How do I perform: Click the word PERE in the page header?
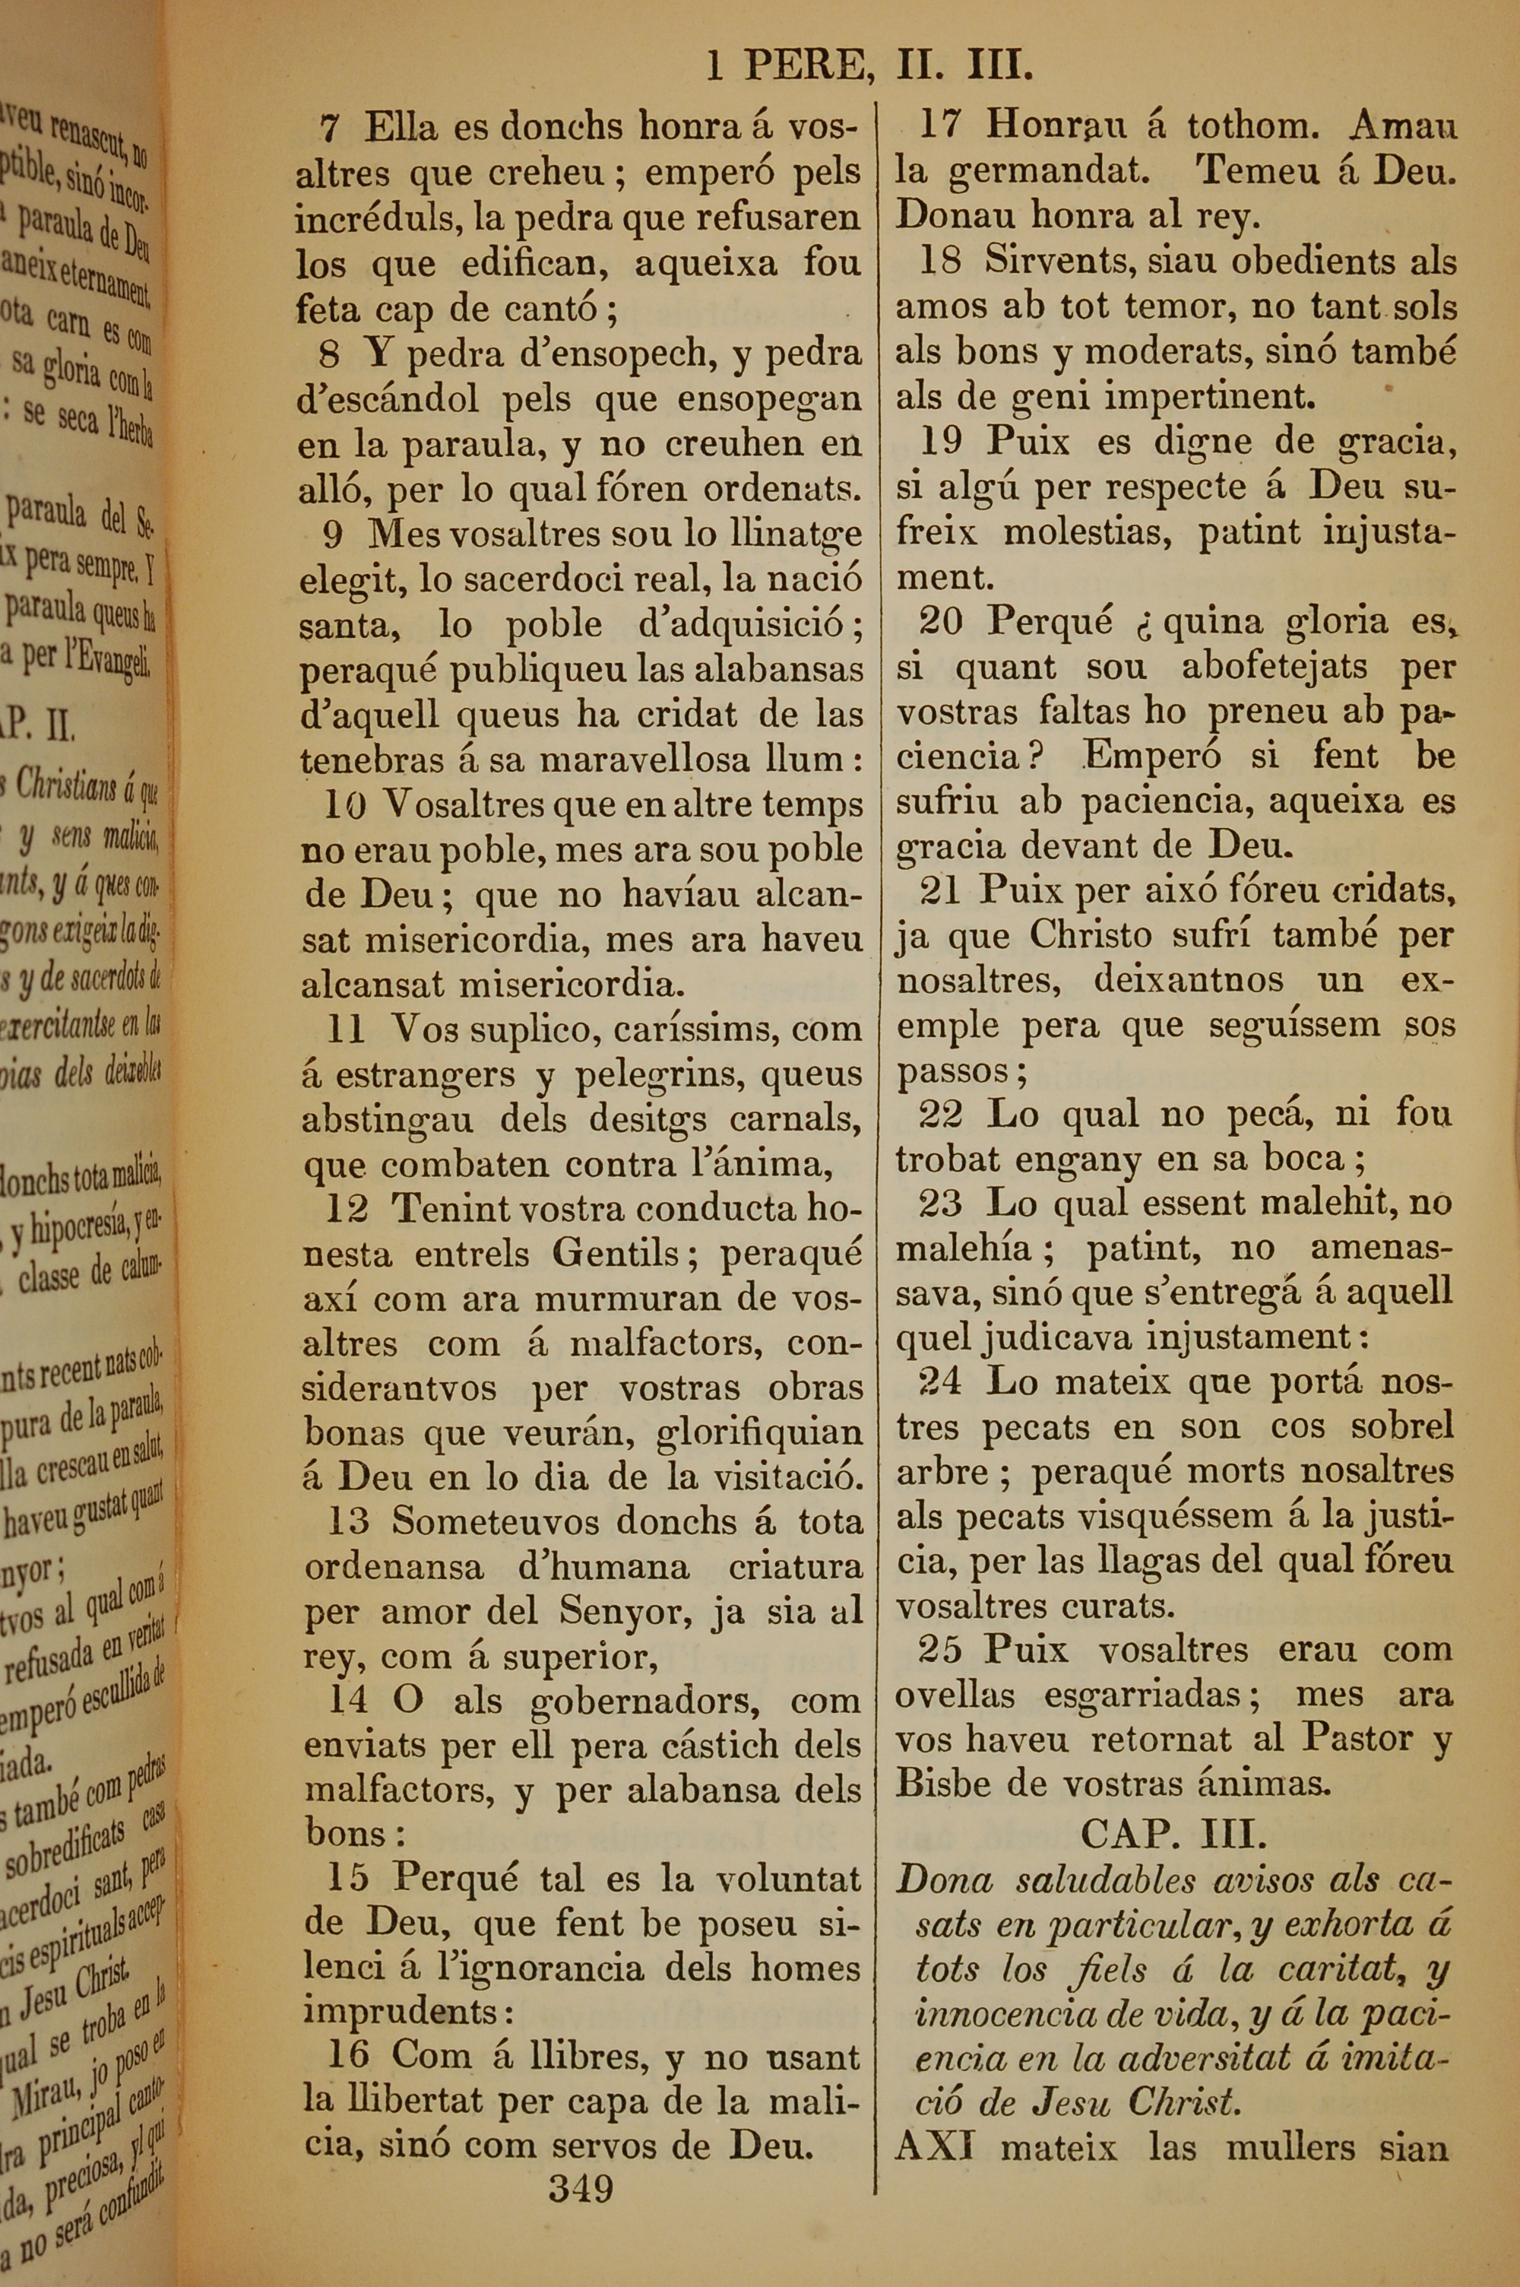pos(803,66)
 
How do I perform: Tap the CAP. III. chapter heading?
pos(1174,1833)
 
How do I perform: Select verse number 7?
pos(330,127)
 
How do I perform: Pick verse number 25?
pos(940,1649)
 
